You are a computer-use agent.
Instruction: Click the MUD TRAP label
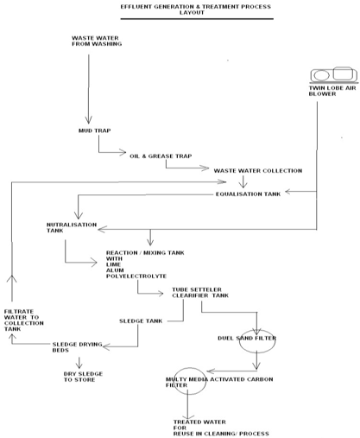(x=95, y=130)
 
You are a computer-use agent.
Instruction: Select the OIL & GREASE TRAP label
(x=161, y=156)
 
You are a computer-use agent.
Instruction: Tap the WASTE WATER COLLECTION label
(x=258, y=171)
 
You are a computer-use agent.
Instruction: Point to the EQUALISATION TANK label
(x=248, y=194)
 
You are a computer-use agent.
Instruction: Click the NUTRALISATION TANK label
(x=72, y=227)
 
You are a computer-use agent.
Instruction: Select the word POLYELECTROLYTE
(x=136, y=276)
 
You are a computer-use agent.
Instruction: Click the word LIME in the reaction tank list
(x=113, y=264)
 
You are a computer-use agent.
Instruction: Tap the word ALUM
(x=115, y=270)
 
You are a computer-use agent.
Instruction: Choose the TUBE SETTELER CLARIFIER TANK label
(x=200, y=292)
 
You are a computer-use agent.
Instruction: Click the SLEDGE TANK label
(x=141, y=321)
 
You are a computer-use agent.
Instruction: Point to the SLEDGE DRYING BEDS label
(x=77, y=347)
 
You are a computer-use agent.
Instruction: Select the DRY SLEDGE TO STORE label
(x=83, y=377)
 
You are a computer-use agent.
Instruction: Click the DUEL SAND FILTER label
(x=247, y=338)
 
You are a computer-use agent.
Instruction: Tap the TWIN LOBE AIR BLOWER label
(x=332, y=91)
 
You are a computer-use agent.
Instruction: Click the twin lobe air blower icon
(x=334, y=75)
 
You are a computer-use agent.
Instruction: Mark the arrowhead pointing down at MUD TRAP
(x=88, y=120)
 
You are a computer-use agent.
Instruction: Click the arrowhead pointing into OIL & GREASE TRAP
(x=123, y=152)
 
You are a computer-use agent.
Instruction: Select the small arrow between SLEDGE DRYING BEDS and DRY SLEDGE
(x=79, y=363)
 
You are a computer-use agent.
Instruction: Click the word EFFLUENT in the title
(x=136, y=7)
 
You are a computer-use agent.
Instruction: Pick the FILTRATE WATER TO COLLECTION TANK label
(x=24, y=321)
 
